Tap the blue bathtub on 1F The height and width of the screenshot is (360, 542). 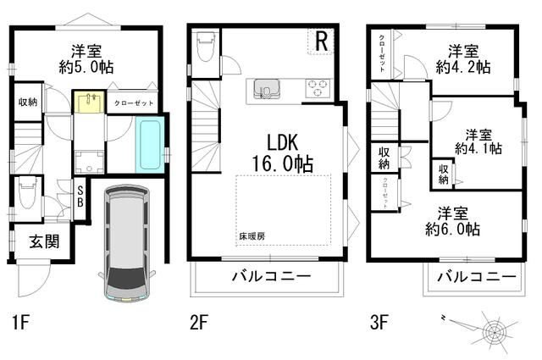(149, 145)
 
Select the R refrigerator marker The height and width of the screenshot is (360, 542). (322, 40)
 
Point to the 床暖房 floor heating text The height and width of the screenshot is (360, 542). (251, 235)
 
